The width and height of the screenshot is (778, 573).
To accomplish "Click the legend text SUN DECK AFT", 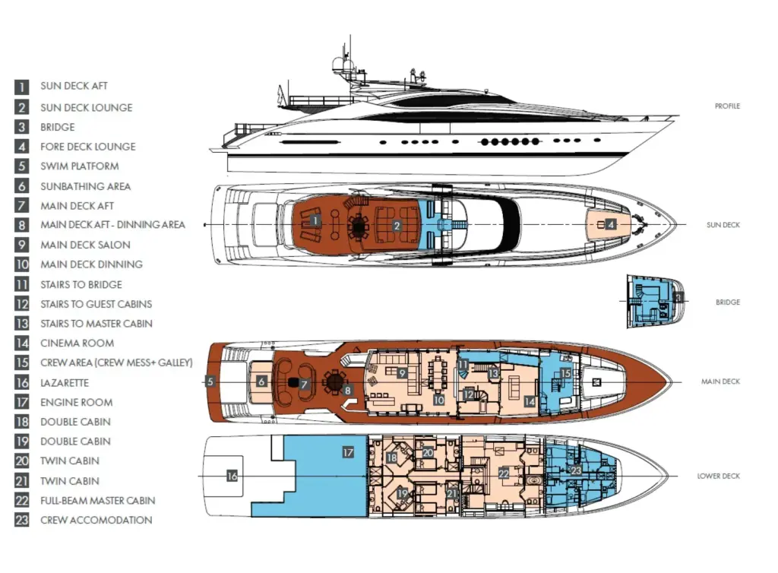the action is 74,86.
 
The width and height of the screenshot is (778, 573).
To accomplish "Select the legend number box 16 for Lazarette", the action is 22,382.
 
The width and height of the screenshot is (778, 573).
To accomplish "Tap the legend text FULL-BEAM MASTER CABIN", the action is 98,501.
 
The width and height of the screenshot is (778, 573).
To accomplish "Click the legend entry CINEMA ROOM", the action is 77,343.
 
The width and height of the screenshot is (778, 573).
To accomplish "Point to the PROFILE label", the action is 727,106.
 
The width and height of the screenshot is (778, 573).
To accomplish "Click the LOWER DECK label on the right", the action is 718,476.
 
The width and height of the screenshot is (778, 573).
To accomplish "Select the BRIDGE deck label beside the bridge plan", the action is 727,302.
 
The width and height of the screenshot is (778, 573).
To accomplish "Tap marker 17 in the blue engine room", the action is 348,452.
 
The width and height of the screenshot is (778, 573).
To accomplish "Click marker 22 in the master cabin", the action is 504,473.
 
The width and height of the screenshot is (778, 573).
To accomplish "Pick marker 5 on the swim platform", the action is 210,381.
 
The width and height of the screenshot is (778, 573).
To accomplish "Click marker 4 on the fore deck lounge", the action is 612,224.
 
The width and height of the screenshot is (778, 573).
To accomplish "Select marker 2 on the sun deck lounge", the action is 397,226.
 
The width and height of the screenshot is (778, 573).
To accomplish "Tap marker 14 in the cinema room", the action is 530,401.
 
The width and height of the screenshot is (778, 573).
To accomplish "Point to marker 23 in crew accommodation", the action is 576,470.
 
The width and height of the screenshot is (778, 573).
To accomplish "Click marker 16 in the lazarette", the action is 232,476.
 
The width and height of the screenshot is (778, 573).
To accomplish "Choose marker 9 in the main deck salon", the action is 402,373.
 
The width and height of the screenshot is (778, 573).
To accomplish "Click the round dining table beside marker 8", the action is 334,381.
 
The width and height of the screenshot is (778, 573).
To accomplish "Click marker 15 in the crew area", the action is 565,373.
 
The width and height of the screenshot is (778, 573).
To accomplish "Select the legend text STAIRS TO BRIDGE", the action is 81,284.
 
